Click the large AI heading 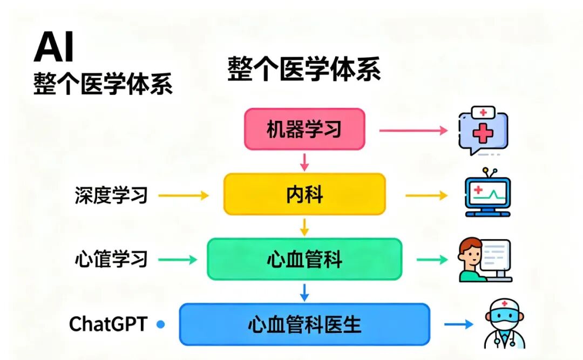[x=54, y=47]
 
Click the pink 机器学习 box [x=304, y=129]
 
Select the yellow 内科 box [x=304, y=194]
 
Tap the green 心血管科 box [x=304, y=260]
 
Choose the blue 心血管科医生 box [x=304, y=324]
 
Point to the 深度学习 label [x=111, y=195]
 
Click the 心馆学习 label [x=111, y=260]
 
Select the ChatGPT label [x=108, y=324]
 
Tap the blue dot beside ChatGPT [x=160, y=324]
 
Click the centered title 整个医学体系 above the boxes [x=304, y=69]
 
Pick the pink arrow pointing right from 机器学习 [x=413, y=130]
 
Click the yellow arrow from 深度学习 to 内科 [x=184, y=195]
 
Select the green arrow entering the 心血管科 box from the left [x=178, y=260]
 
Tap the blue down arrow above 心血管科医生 [x=304, y=291]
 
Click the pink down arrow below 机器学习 [x=304, y=161]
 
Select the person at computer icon [x=484, y=260]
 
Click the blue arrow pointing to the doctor [x=458, y=324]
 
